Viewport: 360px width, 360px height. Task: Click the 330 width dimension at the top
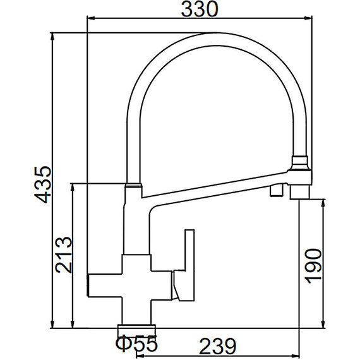pos(200,9)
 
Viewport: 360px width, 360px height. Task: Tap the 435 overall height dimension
pos(43,184)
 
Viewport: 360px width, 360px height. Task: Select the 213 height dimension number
pos(64,255)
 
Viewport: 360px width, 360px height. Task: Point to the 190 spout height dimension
pos(313,266)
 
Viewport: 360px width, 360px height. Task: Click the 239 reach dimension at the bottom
pos(218,346)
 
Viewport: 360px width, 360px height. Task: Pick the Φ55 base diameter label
pos(137,344)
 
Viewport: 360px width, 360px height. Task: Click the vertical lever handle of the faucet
pos(189,265)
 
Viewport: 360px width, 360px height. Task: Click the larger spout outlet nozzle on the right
pos(299,192)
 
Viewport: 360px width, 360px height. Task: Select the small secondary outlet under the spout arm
pos(277,191)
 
